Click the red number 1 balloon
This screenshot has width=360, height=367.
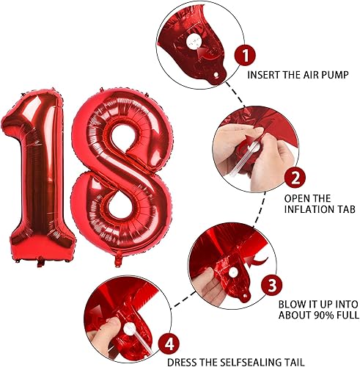(37, 176)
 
